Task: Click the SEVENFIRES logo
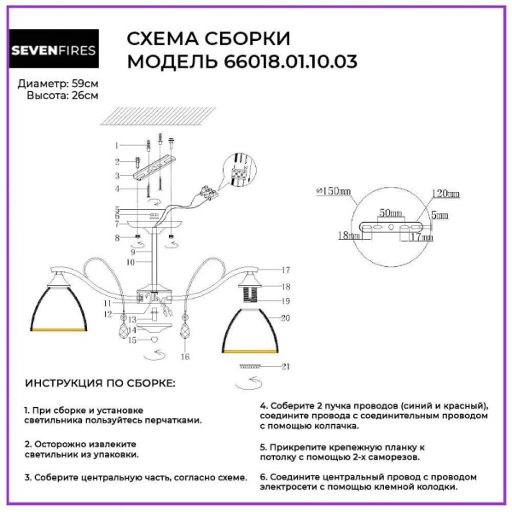[x=53, y=50]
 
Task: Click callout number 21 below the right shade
[x=287, y=366]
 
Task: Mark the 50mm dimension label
[x=391, y=210]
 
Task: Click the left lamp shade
[x=62, y=305]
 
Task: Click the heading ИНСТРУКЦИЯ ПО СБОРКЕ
[x=99, y=383]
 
